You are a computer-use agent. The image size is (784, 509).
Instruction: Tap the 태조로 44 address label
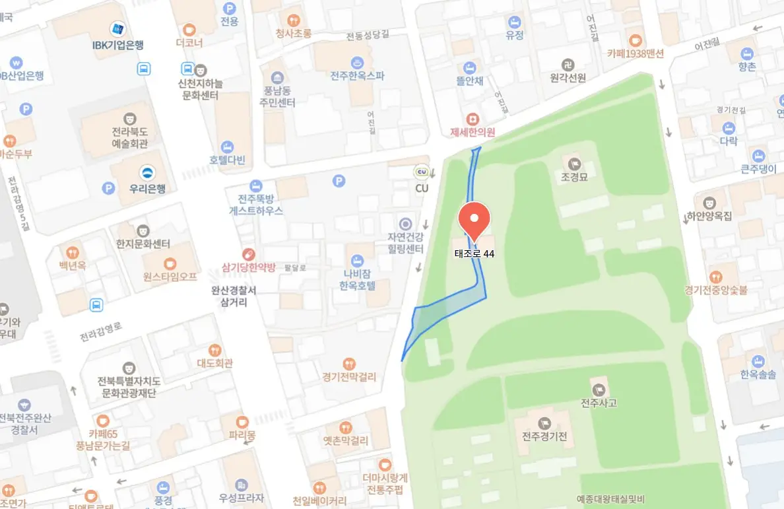point(474,254)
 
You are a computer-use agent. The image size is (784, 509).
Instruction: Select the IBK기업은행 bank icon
point(118,29)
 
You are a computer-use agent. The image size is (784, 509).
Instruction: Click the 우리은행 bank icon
point(147,173)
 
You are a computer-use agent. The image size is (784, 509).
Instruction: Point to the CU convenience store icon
point(422,173)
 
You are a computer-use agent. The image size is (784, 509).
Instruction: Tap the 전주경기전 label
point(544,436)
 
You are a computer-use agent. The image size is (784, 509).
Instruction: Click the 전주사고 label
point(599,403)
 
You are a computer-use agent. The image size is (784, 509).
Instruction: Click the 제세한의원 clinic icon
point(473,119)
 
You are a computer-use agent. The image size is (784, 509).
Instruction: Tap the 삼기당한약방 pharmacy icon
point(248,254)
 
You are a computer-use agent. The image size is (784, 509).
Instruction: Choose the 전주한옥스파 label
point(357,76)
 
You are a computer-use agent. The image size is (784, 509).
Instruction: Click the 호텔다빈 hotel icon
point(227,147)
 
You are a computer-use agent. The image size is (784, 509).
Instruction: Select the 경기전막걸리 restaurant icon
point(349,364)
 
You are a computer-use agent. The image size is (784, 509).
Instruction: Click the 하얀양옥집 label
point(709,216)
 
